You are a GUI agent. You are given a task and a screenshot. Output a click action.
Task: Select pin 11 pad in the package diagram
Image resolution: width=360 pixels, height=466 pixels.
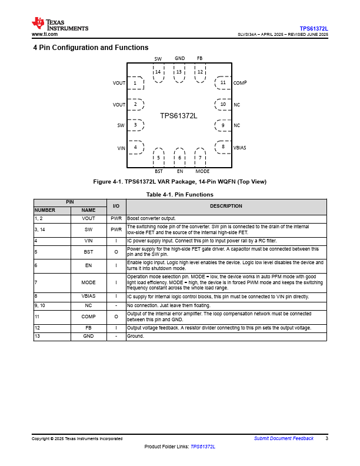coord(222,83)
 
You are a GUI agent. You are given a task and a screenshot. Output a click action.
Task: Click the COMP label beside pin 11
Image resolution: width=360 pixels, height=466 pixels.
coord(240,84)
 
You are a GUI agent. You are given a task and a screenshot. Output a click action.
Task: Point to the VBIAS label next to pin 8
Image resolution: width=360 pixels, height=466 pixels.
coord(241,147)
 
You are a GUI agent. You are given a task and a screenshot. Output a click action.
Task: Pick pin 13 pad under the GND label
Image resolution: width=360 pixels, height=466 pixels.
coord(179,72)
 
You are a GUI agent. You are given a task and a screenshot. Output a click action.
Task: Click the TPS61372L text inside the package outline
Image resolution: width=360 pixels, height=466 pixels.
coord(179,116)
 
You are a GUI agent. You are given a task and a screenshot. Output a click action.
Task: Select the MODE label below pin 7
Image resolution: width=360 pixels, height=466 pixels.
coord(202,171)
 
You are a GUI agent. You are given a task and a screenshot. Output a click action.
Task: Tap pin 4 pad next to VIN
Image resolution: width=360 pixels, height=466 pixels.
coord(136,147)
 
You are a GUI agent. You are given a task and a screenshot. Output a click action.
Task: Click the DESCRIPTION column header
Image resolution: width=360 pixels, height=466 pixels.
coord(226,206)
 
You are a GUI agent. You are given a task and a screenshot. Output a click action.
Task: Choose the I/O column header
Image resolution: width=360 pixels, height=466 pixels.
coord(116,206)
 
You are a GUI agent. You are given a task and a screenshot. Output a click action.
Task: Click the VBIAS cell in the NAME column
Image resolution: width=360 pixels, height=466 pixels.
coord(88,297)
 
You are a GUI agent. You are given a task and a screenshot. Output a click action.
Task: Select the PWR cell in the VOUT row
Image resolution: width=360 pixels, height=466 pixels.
coord(116,219)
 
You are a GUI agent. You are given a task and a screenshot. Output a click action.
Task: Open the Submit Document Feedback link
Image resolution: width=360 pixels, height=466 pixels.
coord(284,438)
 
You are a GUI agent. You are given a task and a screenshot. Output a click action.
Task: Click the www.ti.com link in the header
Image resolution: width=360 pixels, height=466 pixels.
coord(44,34)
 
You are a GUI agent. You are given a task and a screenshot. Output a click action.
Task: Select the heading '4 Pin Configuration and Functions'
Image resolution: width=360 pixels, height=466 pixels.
coord(91,48)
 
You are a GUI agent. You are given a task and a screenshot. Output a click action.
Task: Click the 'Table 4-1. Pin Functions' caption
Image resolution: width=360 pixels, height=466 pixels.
coord(179,194)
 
